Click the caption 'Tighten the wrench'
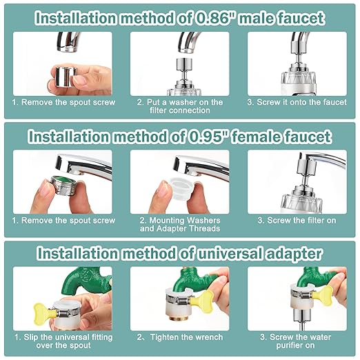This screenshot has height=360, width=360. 180,338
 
